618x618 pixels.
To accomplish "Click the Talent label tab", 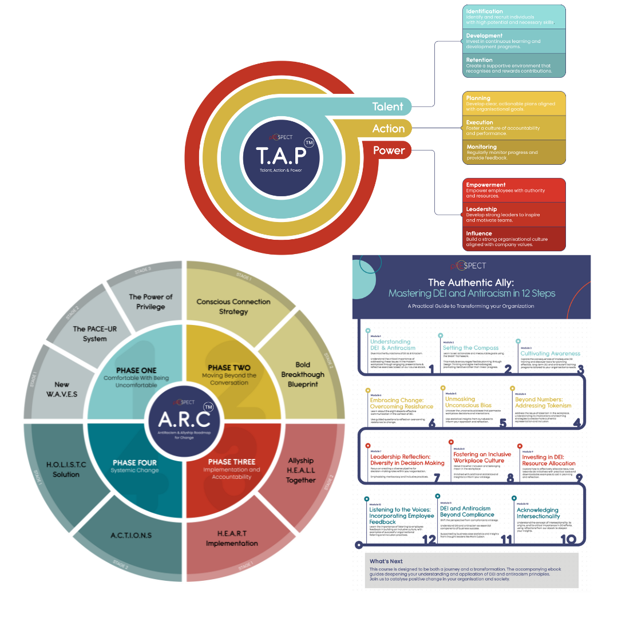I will (x=388, y=106).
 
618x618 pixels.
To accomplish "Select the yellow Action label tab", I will (x=389, y=129).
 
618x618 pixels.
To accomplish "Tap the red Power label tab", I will (x=389, y=150).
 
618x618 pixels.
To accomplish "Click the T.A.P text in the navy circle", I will (x=280, y=154).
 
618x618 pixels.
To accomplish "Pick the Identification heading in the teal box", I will (x=485, y=11).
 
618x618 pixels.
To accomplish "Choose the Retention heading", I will (x=479, y=60).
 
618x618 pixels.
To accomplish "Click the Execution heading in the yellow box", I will (x=480, y=122).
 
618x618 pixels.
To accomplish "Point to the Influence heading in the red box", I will (x=479, y=233).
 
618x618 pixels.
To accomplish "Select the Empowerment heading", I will (x=486, y=185).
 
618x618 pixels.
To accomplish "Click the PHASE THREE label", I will (x=232, y=462).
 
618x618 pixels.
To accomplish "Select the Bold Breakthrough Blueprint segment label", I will (x=303, y=374).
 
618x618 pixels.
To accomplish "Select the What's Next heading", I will (x=386, y=561).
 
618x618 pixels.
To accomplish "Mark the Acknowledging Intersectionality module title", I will (x=538, y=513).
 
